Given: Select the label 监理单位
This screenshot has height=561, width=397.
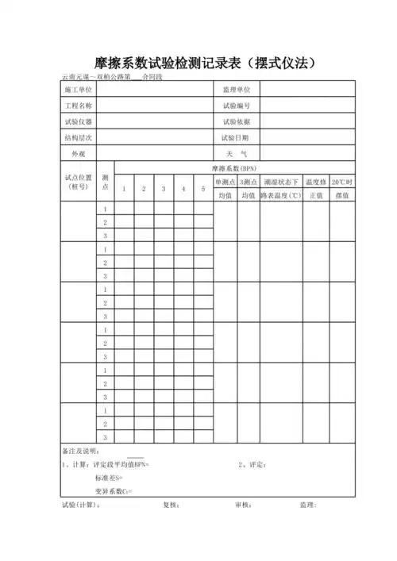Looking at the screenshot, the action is pyautogui.click(x=237, y=91).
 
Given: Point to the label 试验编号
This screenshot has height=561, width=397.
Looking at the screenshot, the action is pyautogui.click(x=237, y=106).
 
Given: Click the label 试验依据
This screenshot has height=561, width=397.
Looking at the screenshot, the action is pyautogui.click(x=237, y=121).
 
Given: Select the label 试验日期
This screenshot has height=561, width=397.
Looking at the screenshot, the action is pyautogui.click(x=237, y=137).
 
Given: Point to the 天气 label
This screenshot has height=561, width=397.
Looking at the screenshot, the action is pyautogui.click(x=237, y=153).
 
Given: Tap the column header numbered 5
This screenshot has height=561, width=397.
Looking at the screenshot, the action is pyautogui.click(x=203, y=189).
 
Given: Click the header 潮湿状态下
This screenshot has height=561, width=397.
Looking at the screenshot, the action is pyautogui.click(x=282, y=182).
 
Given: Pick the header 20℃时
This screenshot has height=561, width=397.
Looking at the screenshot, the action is pyautogui.click(x=342, y=182).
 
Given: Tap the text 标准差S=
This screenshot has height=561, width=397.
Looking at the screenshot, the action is pyautogui.click(x=109, y=478).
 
